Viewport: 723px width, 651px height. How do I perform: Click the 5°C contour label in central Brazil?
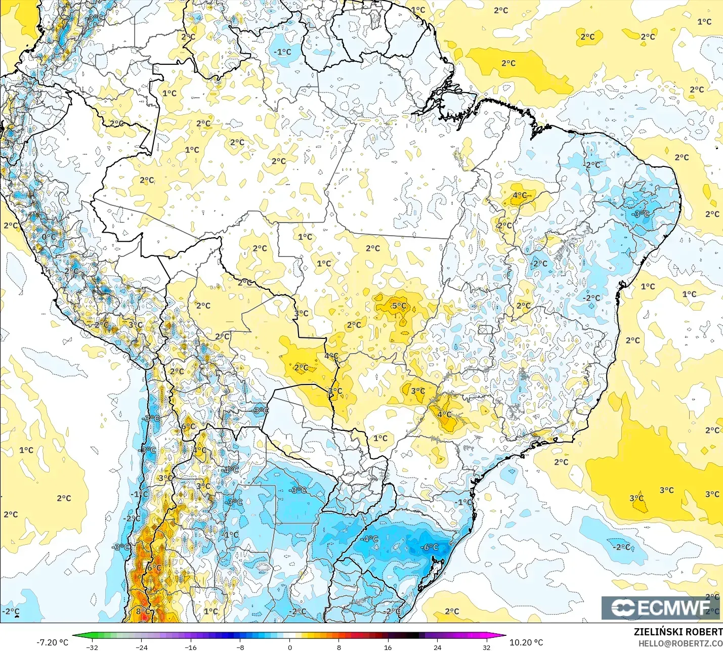(399, 306)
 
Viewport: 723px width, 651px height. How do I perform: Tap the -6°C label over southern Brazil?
(430, 547)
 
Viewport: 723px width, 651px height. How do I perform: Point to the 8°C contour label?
(143, 611)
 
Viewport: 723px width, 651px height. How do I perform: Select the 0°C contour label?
(49, 237)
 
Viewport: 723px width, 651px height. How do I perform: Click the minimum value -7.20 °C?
(52, 642)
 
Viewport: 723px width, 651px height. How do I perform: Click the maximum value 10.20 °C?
(526, 642)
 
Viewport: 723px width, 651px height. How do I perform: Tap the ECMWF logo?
(660, 607)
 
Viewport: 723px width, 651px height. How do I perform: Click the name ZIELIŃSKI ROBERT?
(678, 632)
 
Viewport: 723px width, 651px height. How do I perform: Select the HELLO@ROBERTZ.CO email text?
(680, 643)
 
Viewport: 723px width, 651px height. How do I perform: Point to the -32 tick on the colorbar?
(92, 647)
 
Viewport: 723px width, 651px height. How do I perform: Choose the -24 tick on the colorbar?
(142, 647)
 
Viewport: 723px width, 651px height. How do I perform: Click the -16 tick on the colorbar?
(191, 647)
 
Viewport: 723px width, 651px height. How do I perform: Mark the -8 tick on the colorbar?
(240, 647)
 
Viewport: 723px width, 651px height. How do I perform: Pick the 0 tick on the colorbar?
(289, 647)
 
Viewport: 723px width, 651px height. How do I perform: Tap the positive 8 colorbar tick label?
(338, 647)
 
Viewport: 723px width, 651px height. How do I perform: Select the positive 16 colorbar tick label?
(388, 647)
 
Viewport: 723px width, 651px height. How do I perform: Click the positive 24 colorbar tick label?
(437, 647)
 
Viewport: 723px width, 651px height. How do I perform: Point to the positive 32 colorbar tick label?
(486, 647)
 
